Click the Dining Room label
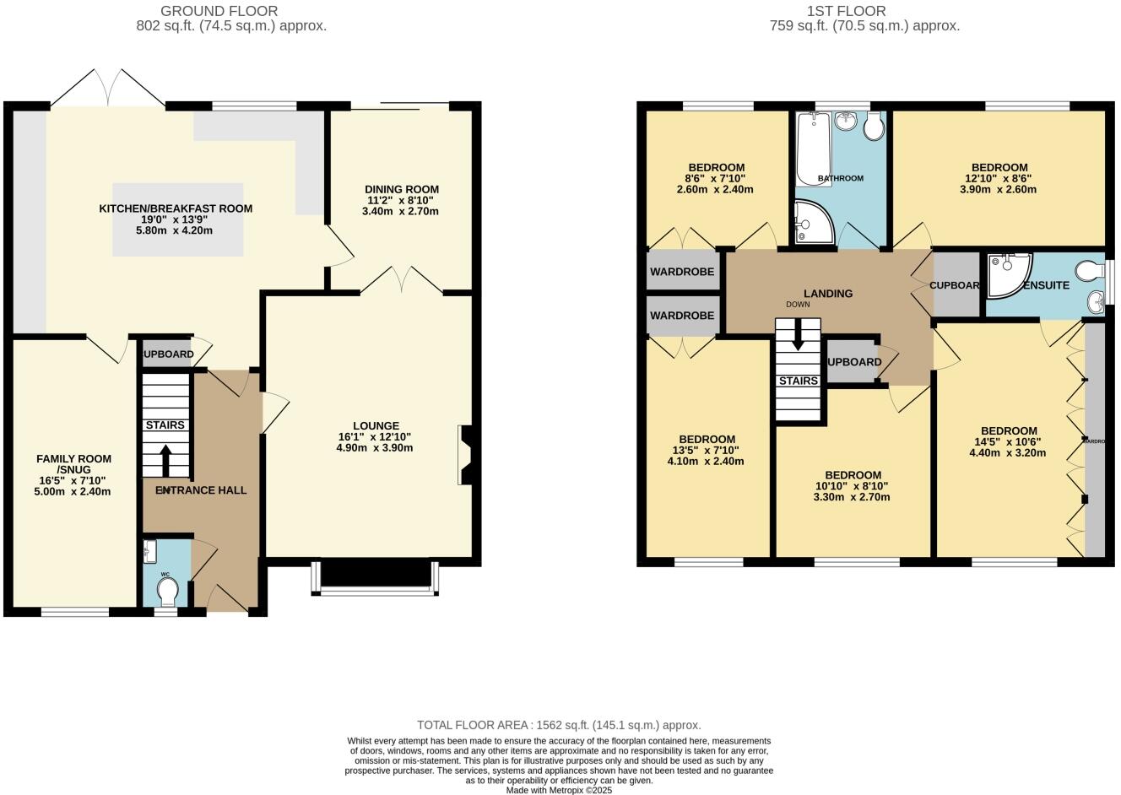(401, 189)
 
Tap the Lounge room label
(376, 425)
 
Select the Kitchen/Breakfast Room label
(176, 208)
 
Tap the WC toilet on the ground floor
(166, 594)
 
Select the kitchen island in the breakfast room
(178, 219)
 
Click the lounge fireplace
(465, 456)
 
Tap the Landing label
(828, 294)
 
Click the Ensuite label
(1046, 285)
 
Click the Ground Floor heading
(219, 11)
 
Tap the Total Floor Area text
(559, 725)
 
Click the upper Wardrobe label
(682, 272)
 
